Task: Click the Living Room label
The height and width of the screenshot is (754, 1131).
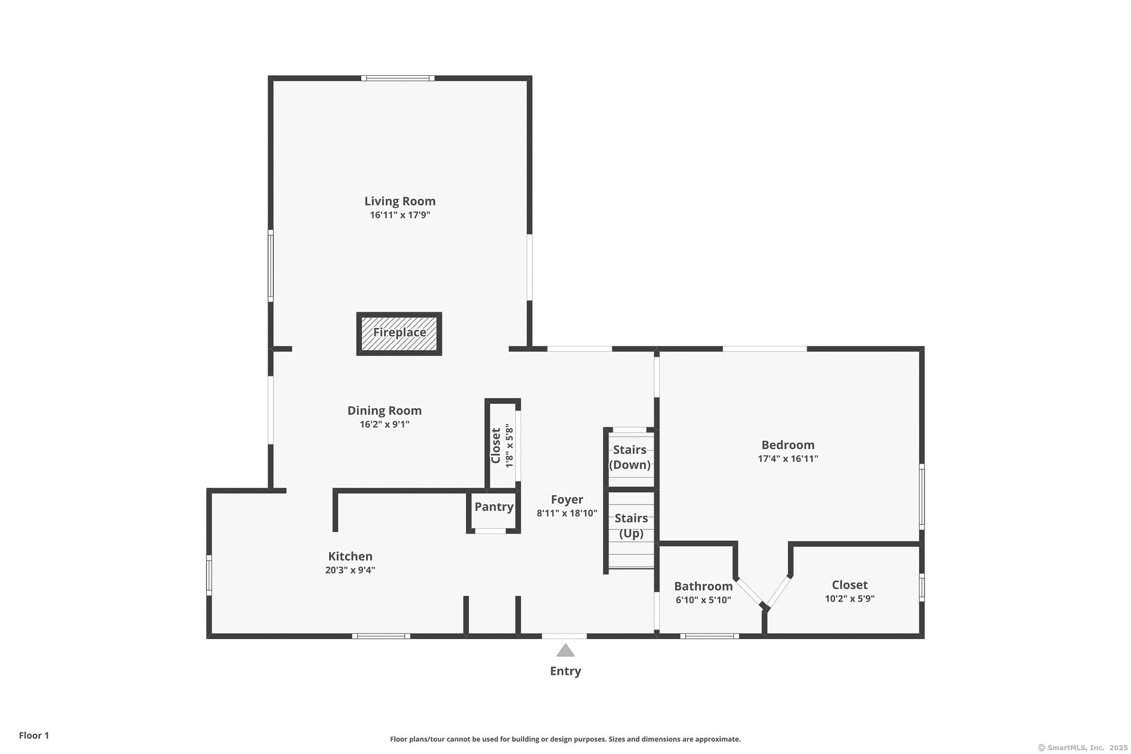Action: click(x=400, y=201)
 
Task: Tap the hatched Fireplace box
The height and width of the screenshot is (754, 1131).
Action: click(x=399, y=334)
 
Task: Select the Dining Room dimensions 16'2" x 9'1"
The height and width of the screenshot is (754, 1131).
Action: click(x=384, y=424)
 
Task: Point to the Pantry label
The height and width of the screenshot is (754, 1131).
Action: click(x=494, y=507)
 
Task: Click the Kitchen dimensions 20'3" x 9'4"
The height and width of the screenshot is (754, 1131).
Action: click(x=350, y=570)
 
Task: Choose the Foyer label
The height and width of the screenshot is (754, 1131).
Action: click(x=567, y=499)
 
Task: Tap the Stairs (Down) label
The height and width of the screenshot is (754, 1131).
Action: click(x=630, y=457)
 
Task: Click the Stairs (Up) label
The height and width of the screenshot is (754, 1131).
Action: click(x=631, y=525)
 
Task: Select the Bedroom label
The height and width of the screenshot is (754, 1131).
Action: click(x=788, y=445)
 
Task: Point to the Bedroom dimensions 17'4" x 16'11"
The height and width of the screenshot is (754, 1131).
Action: click(x=788, y=458)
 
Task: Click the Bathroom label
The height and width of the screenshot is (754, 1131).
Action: click(x=703, y=586)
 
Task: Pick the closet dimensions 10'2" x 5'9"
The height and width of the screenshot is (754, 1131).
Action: click(x=850, y=598)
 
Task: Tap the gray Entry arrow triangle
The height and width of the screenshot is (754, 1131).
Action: click(x=565, y=651)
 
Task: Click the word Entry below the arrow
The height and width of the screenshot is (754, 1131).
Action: click(x=565, y=671)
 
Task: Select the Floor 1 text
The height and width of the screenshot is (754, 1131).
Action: click(x=34, y=735)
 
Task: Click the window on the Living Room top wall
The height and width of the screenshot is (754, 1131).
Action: click(x=398, y=78)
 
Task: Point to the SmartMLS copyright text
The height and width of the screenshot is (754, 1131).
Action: click(x=1083, y=747)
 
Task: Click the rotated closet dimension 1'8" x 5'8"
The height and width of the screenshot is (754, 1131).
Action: click(x=509, y=445)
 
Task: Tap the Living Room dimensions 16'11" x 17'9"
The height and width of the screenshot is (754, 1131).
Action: click(x=400, y=215)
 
